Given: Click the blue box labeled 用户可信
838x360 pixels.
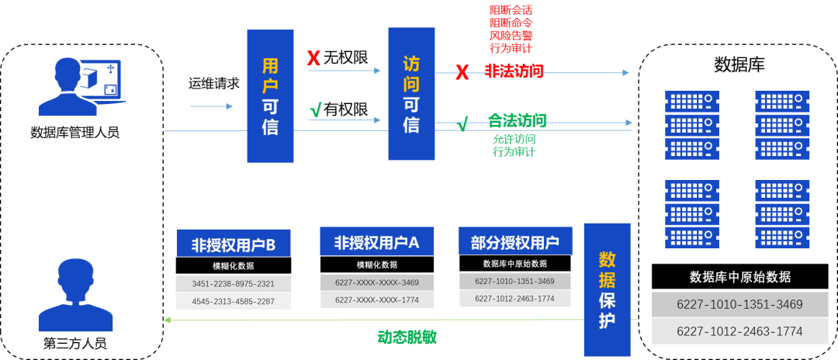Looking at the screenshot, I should [x=270, y=96].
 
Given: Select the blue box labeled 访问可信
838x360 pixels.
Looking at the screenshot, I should [x=411, y=93].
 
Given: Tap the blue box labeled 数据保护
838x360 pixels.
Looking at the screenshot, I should [x=607, y=289].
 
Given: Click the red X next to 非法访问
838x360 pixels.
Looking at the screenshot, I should [x=462, y=73].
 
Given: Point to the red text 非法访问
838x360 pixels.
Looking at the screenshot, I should [x=514, y=71].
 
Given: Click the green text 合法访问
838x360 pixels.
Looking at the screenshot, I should [x=517, y=120].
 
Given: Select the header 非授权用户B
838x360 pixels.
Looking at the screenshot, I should [x=234, y=245].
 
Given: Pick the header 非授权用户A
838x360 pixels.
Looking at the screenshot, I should [x=376, y=242].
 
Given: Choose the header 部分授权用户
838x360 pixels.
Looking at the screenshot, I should [x=515, y=242].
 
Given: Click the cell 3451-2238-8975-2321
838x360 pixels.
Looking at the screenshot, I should [x=234, y=284].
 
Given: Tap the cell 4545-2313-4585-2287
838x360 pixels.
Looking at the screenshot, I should [x=234, y=301].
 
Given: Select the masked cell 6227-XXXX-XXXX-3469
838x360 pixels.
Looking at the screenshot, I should [x=376, y=282].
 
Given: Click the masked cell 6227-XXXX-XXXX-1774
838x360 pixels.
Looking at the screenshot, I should [x=376, y=299].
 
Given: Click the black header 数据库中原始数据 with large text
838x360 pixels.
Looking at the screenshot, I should [x=739, y=277].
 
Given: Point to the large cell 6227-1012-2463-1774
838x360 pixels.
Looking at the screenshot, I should [x=739, y=331].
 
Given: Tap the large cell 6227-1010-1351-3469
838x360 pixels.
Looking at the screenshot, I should [x=739, y=305].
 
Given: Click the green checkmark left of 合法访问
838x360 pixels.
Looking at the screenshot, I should [x=462, y=123].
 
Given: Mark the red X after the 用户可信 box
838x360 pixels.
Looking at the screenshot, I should [x=313, y=58].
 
